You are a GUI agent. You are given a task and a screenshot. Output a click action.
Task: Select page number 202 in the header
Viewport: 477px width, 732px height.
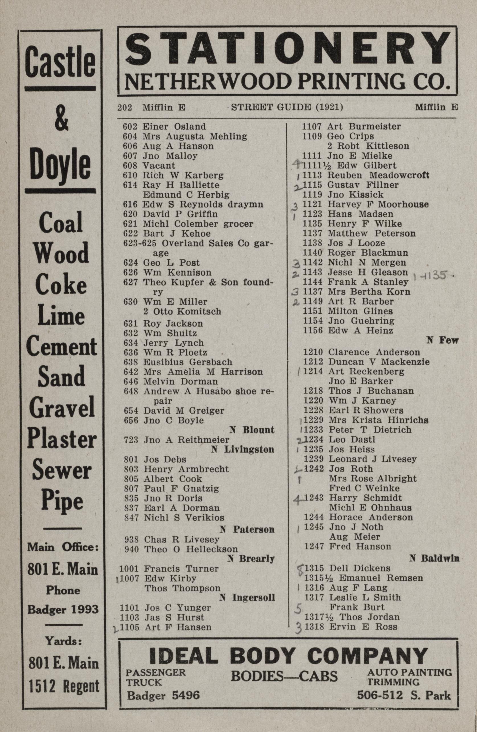point(125,107)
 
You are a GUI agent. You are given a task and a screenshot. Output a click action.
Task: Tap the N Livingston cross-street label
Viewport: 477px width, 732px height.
point(243,450)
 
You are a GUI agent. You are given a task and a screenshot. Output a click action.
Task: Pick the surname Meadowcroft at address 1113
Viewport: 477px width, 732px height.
point(399,175)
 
